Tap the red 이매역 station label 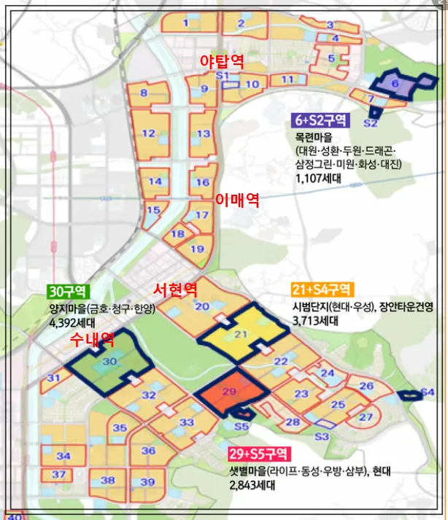pos(237,200)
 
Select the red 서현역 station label pos(174,289)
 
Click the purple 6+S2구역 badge pos(321,119)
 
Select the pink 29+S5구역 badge pos(259,453)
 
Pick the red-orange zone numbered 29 pos(229,393)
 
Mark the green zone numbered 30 pos(109,362)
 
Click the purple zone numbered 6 pos(395,85)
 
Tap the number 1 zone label pos(185,23)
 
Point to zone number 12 pos(148,133)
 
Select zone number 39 pos(148,481)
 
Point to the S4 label pos(427,393)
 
